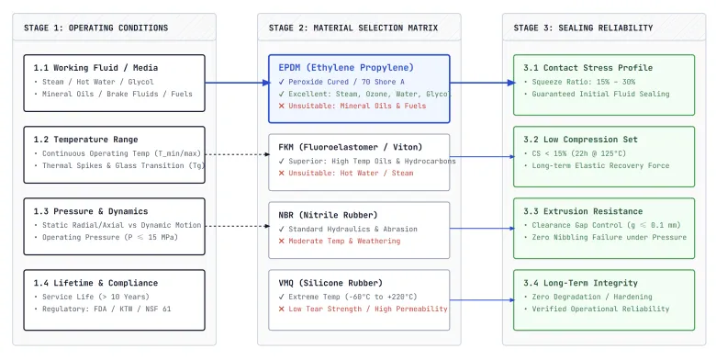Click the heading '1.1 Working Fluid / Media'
pyautogui.click(x=95, y=68)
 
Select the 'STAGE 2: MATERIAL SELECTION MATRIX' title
pyautogui.click(x=353, y=28)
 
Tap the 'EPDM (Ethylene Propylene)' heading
pyautogui.click(x=346, y=68)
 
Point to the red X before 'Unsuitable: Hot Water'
pyautogui.click(x=281, y=174)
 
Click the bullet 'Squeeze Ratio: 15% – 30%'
pyautogui.click(x=583, y=83)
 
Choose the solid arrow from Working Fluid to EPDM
pyautogui.click(x=238, y=83)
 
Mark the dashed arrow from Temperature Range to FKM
pyautogui.click(x=238, y=154)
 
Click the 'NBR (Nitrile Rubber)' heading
pyautogui.click(x=328, y=215)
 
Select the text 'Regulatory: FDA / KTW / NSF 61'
pyautogui.click(x=106, y=309)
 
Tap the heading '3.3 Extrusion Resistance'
pyautogui.click(x=583, y=211)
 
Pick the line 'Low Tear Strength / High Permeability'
pyautogui.click(x=367, y=309)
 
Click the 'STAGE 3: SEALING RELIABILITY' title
pyautogui.click(x=583, y=28)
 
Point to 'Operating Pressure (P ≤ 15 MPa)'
pyautogui.click(x=110, y=238)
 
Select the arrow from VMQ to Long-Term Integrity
pyautogui.click(x=482, y=300)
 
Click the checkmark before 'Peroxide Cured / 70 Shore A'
pyautogui.click(x=281, y=83)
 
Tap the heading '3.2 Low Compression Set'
pyautogui.click(x=580, y=140)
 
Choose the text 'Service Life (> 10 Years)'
pyautogui.click(x=95, y=297)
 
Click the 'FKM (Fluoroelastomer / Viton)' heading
pyautogui.click(x=351, y=147)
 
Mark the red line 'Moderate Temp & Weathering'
pyautogui.click(x=344, y=242)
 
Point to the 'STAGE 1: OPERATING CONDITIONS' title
pyautogui.click(x=95, y=28)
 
